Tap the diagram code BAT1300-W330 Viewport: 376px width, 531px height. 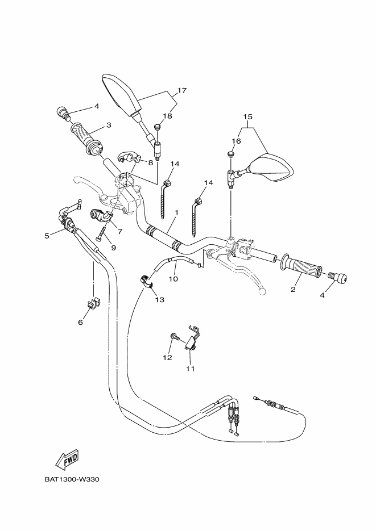coord(72,479)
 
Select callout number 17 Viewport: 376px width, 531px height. coord(182,90)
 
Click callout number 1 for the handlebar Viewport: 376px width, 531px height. coord(177,212)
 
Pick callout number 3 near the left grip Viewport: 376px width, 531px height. coord(108,126)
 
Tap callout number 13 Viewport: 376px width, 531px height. coord(159,299)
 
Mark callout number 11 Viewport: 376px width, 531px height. coord(190,369)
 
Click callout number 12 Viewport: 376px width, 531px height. coord(167,357)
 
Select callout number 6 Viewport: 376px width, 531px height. coord(80,322)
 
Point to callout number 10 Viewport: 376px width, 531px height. coord(173,279)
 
